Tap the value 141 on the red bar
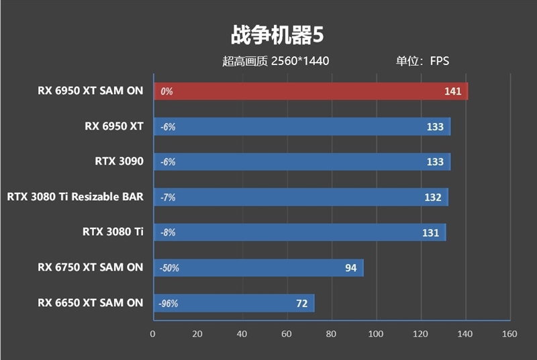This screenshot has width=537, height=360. pyautogui.click(x=452, y=91)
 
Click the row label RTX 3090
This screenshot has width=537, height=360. pyautogui.click(x=119, y=161)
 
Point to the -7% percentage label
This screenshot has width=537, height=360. pyautogui.click(x=168, y=197)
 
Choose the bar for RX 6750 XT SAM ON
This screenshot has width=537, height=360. pyautogui.click(x=258, y=268)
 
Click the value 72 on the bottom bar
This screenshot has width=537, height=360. pyautogui.click(x=301, y=304)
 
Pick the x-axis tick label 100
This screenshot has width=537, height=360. pyautogui.click(x=375, y=334)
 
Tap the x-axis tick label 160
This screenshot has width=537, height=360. pyautogui.click(x=509, y=334)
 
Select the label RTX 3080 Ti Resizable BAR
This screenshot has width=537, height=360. pyautogui.click(x=75, y=197)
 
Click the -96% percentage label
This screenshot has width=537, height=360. pyautogui.click(x=168, y=304)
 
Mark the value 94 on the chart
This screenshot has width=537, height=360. pyautogui.click(x=350, y=268)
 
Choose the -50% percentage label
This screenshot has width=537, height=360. pyautogui.click(x=169, y=268)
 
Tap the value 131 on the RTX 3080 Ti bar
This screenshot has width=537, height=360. pyautogui.click(x=430, y=233)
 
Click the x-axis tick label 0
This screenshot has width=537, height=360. pyautogui.click(x=152, y=334)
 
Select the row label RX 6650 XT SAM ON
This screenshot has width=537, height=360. pyautogui.click(x=90, y=303)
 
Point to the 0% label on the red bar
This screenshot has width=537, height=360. pyautogui.click(x=166, y=91)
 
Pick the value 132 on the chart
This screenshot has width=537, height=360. pyautogui.click(x=433, y=197)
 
